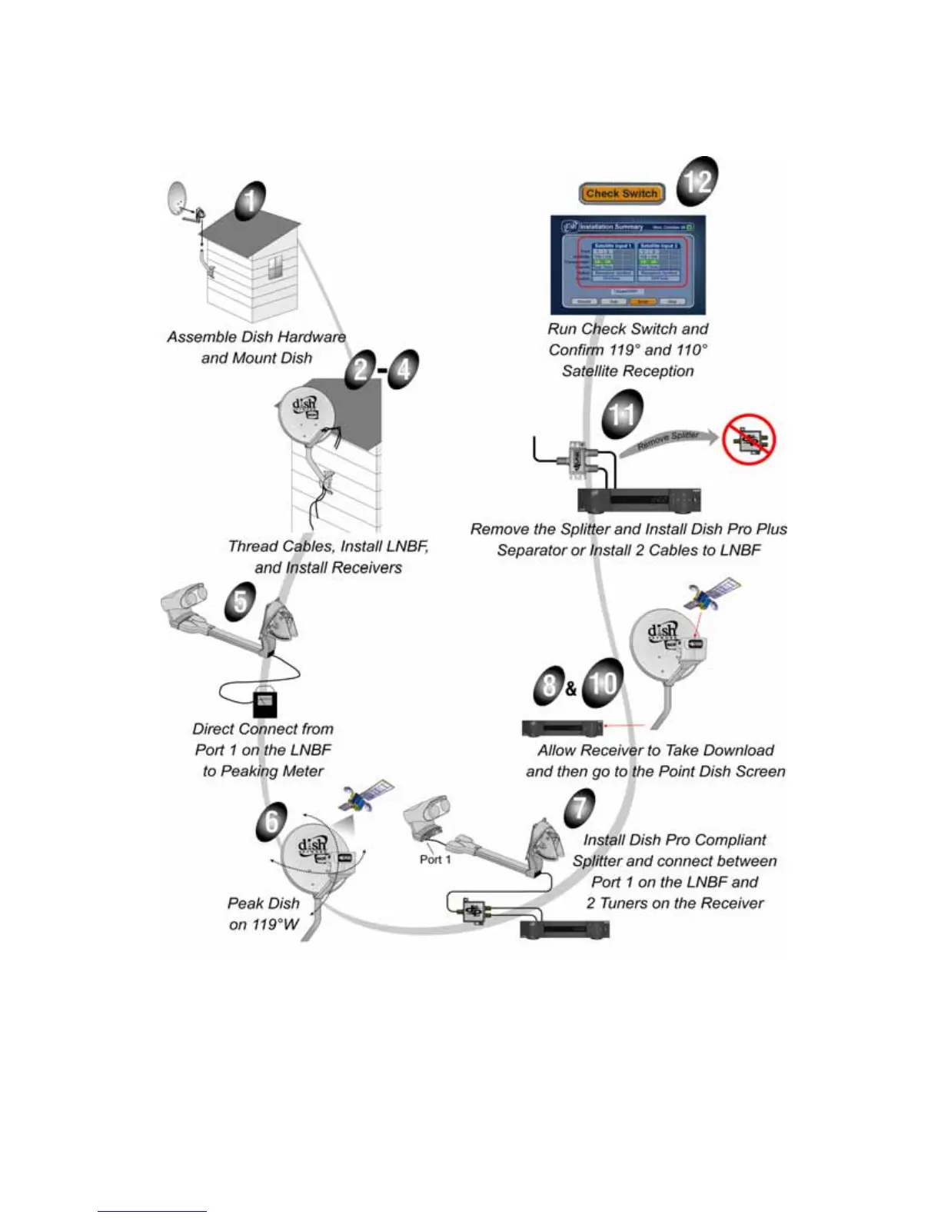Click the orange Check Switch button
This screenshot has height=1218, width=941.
coord(621,194)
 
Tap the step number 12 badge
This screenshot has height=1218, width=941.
coord(697,182)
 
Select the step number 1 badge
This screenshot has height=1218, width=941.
coord(250,201)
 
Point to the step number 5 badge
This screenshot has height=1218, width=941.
coord(241,601)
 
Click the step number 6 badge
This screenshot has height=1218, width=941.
coord(271,821)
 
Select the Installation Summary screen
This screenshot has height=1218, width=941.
coord(627,265)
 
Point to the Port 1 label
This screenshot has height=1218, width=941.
coord(435,859)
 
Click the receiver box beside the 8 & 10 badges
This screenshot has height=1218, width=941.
coord(562,727)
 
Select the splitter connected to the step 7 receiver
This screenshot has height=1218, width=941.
coord(469,909)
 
